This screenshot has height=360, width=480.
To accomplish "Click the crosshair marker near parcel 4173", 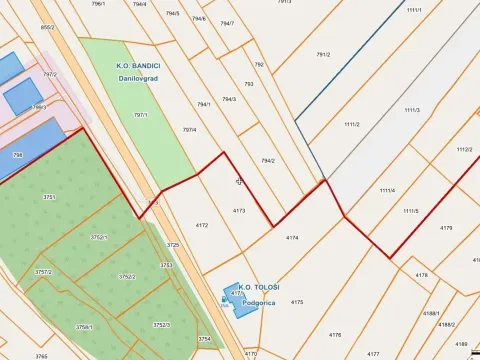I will coord(239,182).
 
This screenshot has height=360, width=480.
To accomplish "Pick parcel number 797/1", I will coord(140,115).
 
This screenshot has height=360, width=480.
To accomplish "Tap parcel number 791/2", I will coord(323,55).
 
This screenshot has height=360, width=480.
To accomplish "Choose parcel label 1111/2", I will coord(351,125).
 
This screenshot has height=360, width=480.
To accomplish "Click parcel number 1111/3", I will coord(412,109).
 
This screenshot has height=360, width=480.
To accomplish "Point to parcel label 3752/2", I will coord(127,277).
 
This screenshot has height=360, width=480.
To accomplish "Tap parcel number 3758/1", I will coord(84,327).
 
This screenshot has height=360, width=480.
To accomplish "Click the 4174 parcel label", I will coord(292,238).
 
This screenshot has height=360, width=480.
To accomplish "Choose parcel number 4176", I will coord(335,335).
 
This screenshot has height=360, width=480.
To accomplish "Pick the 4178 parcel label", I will coord(421,274).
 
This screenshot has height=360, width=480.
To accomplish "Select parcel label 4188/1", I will coord(430,314).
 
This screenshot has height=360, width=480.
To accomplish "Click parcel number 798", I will coord(17,155).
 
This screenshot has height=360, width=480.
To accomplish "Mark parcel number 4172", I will coord(202,226).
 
